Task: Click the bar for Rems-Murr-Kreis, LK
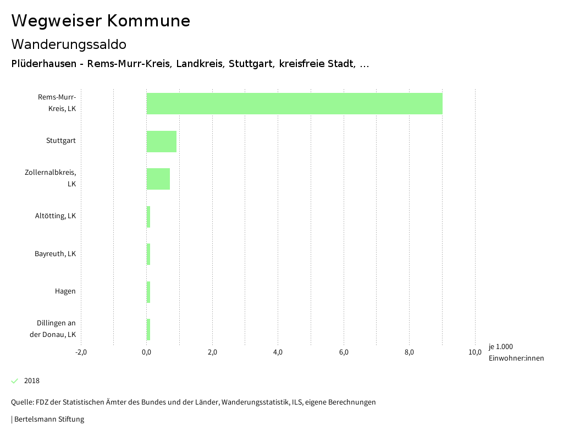click(x=294, y=103)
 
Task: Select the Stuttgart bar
click(x=161, y=141)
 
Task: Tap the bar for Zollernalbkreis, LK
click(x=158, y=179)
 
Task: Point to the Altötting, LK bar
click(x=148, y=217)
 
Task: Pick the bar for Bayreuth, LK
click(x=148, y=254)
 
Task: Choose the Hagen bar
click(x=148, y=291)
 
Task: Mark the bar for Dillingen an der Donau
click(x=148, y=329)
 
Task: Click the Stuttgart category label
click(x=61, y=141)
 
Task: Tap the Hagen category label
click(x=65, y=291)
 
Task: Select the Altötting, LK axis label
click(x=56, y=216)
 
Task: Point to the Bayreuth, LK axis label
click(x=55, y=254)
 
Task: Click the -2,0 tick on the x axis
click(x=81, y=352)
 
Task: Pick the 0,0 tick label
click(x=146, y=352)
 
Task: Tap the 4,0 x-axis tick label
click(x=278, y=352)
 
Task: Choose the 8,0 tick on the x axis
click(x=409, y=352)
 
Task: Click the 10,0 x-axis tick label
click(x=474, y=352)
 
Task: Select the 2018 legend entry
click(x=31, y=381)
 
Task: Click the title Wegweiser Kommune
click(x=101, y=21)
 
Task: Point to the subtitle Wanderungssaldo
click(x=69, y=44)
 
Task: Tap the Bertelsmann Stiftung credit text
click(x=48, y=419)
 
